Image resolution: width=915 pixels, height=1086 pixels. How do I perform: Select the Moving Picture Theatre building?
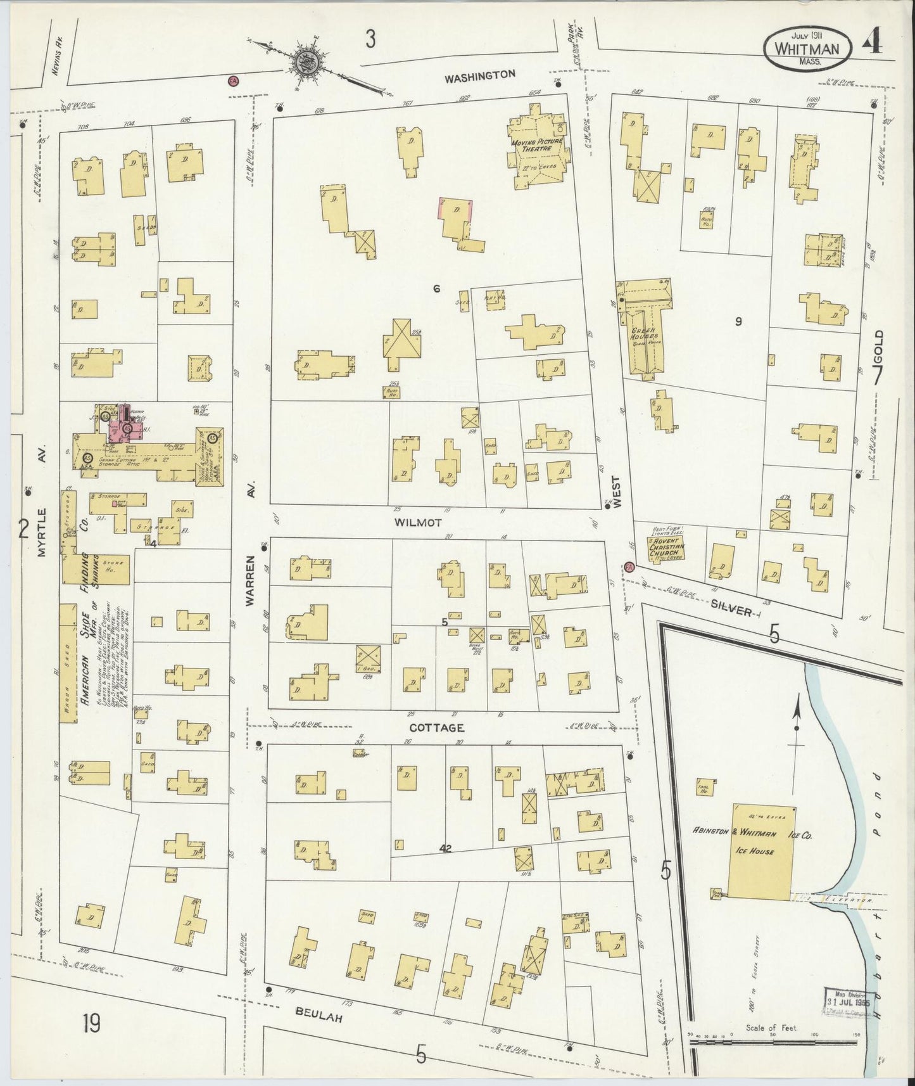click(537, 150)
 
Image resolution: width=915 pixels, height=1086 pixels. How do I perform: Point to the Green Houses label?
click(644, 336)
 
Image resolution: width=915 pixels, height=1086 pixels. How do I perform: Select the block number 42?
click(445, 848)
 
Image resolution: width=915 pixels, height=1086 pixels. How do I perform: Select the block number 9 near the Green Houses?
click(738, 321)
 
